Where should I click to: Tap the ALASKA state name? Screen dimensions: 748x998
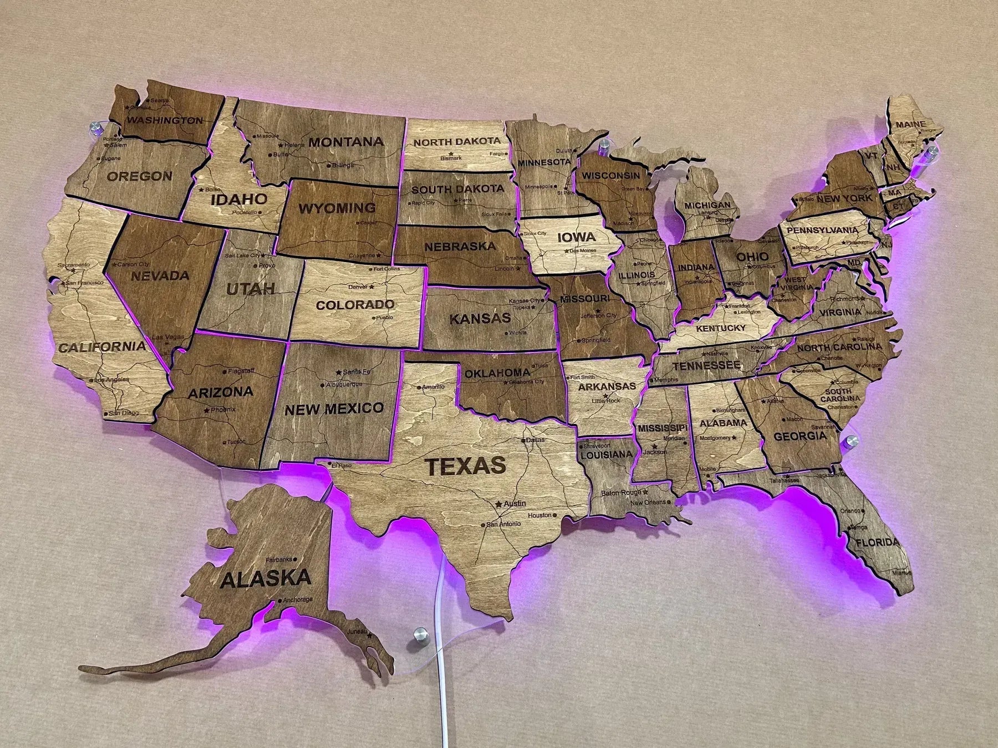pyautogui.click(x=266, y=578)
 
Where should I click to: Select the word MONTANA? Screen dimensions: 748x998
pyautogui.click(x=346, y=142)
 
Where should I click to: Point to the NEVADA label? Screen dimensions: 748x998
pyautogui.click(x=160, y=275)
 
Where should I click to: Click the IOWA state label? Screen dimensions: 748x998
pyautogui.click(x=576, y=238)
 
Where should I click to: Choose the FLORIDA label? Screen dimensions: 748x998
pyautogui.click(x=877, y=542)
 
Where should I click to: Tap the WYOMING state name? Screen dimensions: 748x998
pyautogui.click(x=337, y=208)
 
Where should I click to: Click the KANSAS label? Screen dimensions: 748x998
pyautogui.click(x=480, y=319)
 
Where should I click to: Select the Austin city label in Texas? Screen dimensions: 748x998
pyautogui.click(x=515, y=504)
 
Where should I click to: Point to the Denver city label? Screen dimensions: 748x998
pyautogui.click(x=357, y=287)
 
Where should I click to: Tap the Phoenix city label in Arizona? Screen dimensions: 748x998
pyautogui.click(x=223, y=409)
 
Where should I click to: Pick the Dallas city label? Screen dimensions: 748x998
pyautogui.click(x=536, y=440)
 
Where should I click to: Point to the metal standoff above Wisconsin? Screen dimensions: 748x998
pyautogui.click(x=604, y=147)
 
